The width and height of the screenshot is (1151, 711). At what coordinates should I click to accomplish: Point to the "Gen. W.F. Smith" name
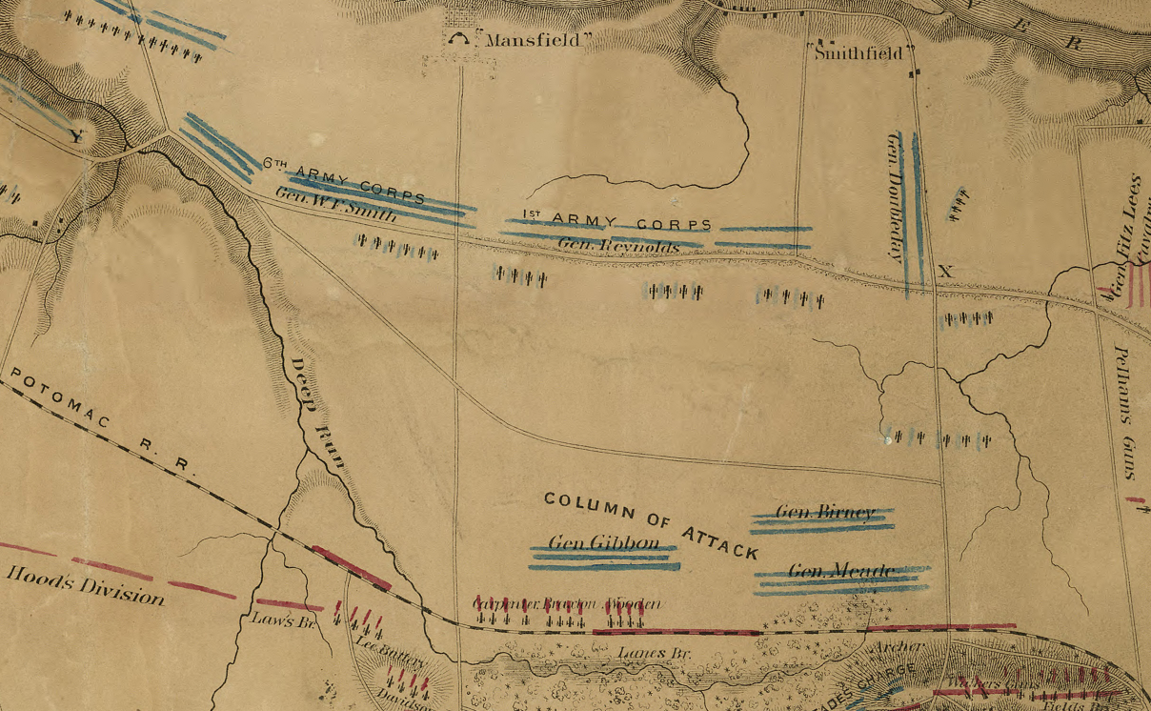click(335, 205)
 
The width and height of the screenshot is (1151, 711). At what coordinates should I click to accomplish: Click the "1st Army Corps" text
click(616, 220)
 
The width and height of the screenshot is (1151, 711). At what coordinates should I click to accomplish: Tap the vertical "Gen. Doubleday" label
click(895, 196)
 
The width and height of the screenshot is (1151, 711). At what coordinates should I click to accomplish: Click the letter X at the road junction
click(945, 272)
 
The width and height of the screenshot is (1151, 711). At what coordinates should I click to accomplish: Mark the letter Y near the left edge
click(77, 137)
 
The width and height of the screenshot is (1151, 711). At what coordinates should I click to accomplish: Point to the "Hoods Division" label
click(85, 584)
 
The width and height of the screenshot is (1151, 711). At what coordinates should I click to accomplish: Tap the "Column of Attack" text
click(651, 525)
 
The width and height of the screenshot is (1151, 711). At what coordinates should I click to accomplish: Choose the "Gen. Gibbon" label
click(603, 542)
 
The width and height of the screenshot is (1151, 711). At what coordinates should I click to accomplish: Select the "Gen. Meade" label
click(841, 571)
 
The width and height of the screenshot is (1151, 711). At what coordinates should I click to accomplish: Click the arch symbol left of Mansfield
click(461, 39)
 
